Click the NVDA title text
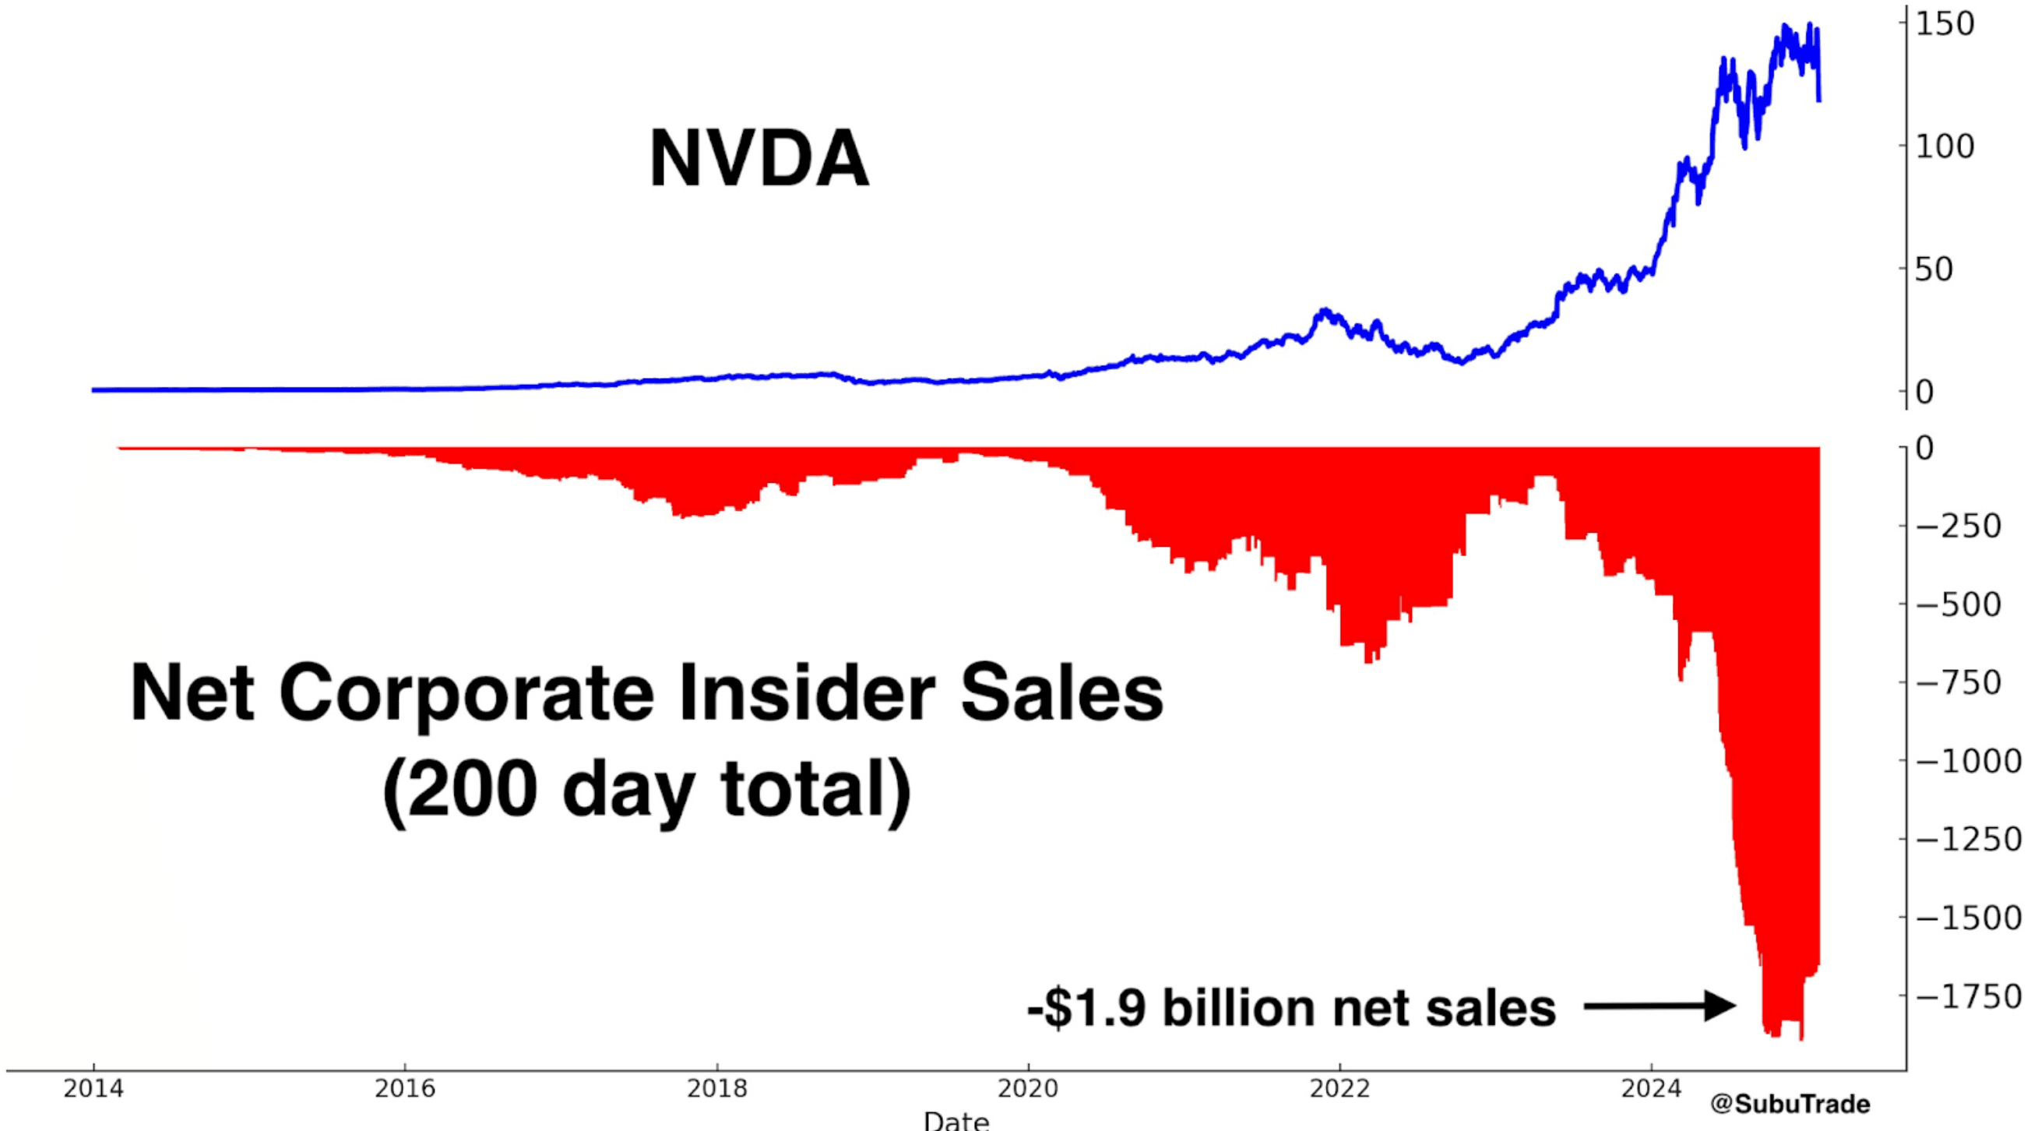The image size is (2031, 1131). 759,160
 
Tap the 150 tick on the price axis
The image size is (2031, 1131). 1945,24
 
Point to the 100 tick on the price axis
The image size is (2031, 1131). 1945,146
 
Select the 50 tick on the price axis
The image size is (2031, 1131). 1933,270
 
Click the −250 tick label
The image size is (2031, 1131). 1959,526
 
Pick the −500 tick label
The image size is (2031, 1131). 1959,605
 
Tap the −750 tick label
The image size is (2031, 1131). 1959,683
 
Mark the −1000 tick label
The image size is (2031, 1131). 1968,761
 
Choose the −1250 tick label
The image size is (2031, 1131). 1968,839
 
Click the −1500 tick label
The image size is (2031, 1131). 1968,918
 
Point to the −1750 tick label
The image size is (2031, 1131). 1968,996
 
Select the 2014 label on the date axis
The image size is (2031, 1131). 93,1089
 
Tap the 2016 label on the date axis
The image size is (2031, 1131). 404,1089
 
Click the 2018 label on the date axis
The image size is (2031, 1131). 716,1089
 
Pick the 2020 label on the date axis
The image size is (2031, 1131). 1027,1089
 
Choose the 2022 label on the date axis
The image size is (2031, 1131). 1339,1089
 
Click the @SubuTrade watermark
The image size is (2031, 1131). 1790,1105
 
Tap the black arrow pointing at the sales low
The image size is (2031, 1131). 1660,1006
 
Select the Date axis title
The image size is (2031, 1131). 956,1120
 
